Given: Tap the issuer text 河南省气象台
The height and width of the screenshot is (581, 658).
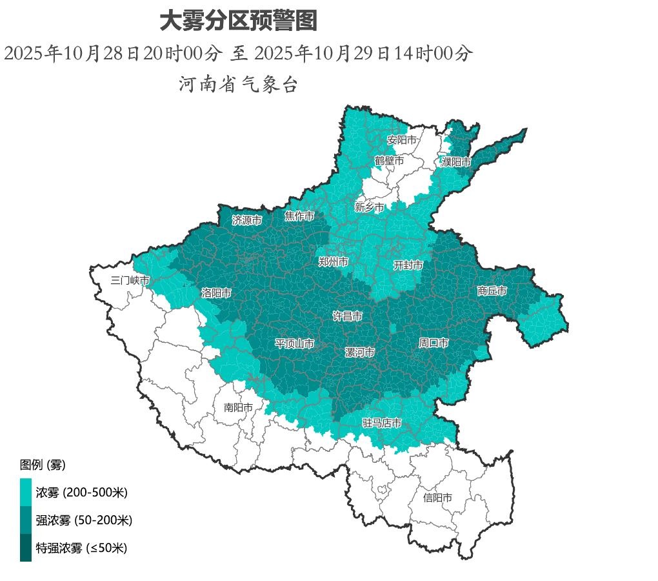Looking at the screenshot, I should pos(238,84).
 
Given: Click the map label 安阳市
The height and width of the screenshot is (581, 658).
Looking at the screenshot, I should pos(402,139).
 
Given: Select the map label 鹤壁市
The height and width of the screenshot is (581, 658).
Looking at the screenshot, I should pos(389,161).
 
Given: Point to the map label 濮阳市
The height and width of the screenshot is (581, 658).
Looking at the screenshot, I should pos(456,163).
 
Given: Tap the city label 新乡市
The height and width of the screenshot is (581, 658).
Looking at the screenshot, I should pos(369,207).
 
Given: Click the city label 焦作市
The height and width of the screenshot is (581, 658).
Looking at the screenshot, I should pos(299,216).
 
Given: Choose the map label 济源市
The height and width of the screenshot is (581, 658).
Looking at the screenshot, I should pos(247,220).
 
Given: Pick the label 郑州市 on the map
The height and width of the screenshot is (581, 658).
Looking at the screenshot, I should pos(334,261).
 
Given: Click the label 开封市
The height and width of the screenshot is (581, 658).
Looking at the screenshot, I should pos(408,265).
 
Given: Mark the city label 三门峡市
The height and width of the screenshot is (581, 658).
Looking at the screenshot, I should pos(130,280).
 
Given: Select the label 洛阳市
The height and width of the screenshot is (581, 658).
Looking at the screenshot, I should pos(216,292).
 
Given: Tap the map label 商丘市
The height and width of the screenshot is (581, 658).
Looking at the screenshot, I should pos(492,291).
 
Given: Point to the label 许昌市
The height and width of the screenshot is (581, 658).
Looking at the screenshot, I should pos(347,316).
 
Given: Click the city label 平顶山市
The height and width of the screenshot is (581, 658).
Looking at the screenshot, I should pos(295,343).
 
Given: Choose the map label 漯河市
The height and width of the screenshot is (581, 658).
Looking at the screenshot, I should pos(359,352).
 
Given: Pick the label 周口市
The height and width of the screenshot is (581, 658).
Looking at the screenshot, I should pos(434,343).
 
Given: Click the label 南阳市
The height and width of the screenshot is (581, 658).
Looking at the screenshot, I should pos(239,407).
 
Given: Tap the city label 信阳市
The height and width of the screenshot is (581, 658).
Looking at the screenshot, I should pos(437,498).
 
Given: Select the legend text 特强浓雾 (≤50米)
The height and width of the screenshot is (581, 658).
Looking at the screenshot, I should pos(81,548).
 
